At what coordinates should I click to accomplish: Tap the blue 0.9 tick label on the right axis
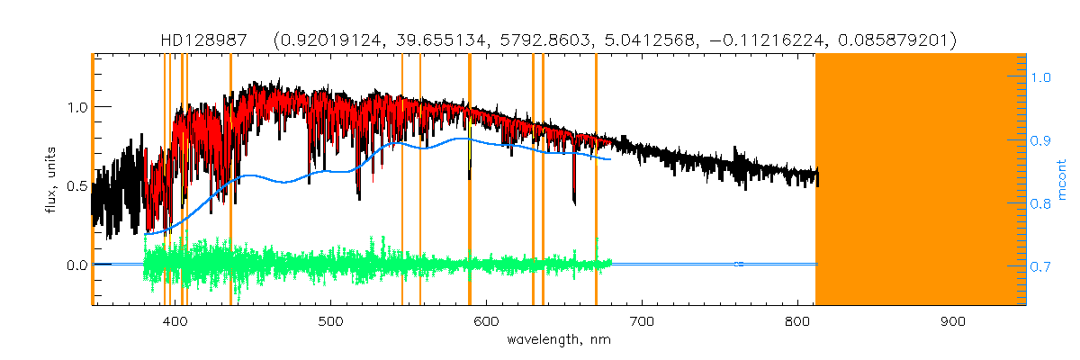(x=1041, y=141)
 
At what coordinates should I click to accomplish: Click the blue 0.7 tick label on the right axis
(x=1041, y=267)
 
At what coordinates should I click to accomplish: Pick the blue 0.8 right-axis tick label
(x=1041, y=204)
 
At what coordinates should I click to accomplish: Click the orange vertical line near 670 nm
(x=596, y=180)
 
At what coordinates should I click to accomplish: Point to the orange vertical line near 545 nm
(x=401, y=180)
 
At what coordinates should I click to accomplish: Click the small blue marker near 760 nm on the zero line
(x=738, y=264)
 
